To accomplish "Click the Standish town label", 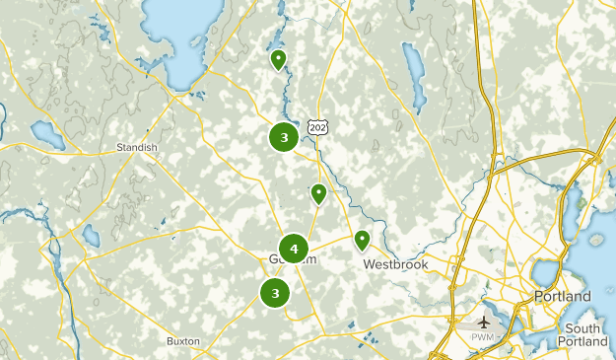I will click(137, 147).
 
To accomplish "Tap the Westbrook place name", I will click(392, 264).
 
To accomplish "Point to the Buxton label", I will click(183, 341).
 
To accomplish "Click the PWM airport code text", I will click(484, 338).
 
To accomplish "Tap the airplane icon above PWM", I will click(484, 323).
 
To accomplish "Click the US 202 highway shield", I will click(315, 127).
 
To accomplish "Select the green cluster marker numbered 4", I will click(294, 249).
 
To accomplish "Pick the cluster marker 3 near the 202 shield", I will click(284, 137).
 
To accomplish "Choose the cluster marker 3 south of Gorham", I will click(275, 292).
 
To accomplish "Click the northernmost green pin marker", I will click(278, 60).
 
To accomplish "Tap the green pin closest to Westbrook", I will click(363, 239).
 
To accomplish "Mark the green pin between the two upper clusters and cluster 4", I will click(318, 193).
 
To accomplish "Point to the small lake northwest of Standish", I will click(47, 133).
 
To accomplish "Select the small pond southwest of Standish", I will click(91, 236).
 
